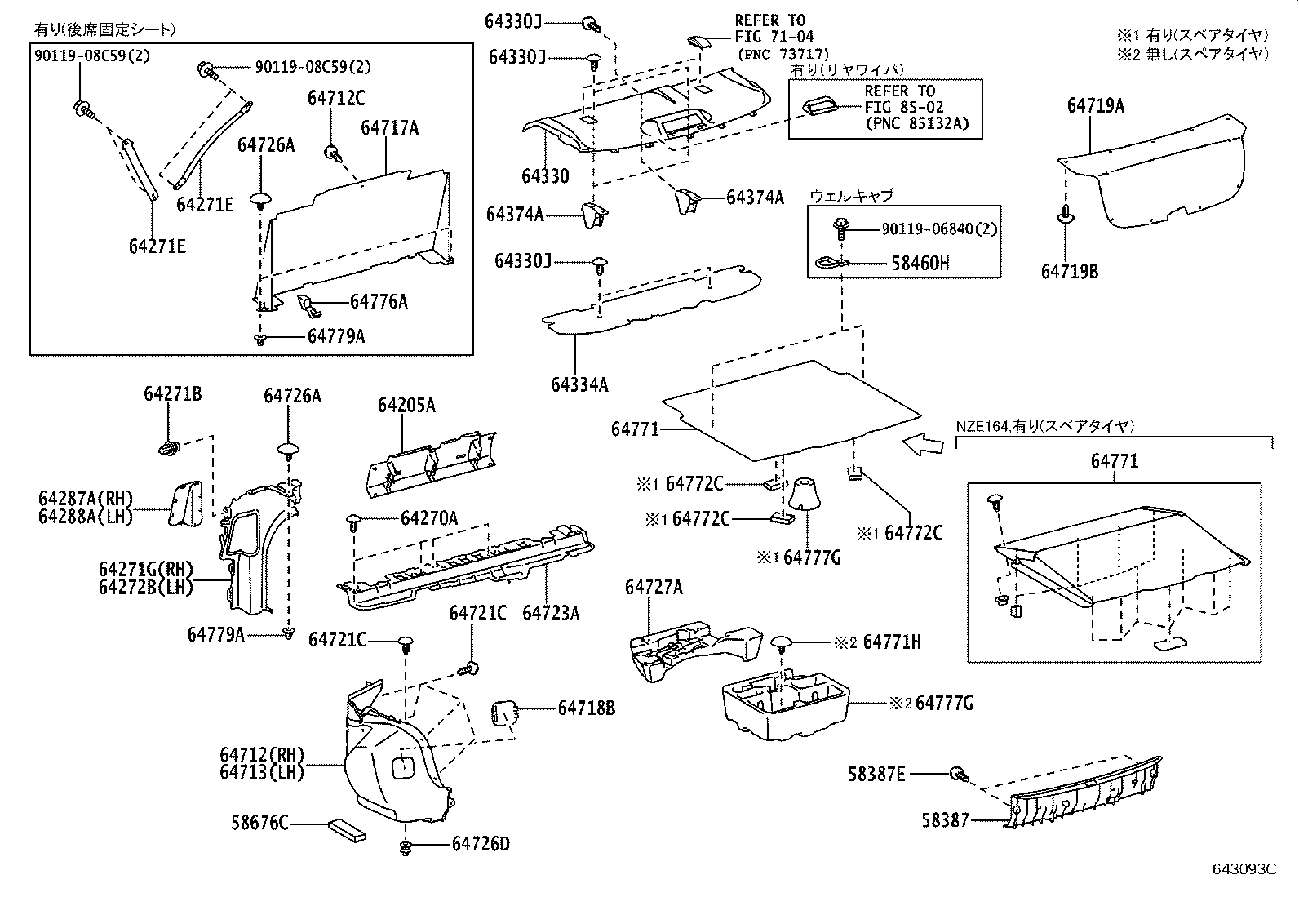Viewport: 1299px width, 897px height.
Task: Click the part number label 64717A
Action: (x=389, y=127)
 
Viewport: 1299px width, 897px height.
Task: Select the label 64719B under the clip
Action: (x=1069, y=271)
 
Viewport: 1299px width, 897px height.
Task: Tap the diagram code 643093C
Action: (x=1243, y=869)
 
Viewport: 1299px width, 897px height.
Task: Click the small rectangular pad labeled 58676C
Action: (x=346, y=830)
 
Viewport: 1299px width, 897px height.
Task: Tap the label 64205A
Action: (x=406, y=406)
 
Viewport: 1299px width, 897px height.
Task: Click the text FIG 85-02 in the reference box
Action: (x=904, y=108)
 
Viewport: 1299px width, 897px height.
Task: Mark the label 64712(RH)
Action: (x=261, y=756)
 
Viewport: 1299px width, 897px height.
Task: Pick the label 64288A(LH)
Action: (x=85, y=515)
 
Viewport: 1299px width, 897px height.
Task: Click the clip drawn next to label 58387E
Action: (x=958, y=773)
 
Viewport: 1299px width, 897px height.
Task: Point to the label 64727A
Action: (x=654, y=587)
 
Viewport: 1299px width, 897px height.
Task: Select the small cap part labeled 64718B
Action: (x=502, y=712)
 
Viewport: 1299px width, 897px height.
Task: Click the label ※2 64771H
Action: (x=877, y=642)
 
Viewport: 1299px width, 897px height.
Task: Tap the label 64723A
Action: (x=551, y=613)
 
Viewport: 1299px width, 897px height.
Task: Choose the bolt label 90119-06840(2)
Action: (x=938, y=230)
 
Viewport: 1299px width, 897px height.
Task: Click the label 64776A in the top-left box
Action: (x=378, y=302)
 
